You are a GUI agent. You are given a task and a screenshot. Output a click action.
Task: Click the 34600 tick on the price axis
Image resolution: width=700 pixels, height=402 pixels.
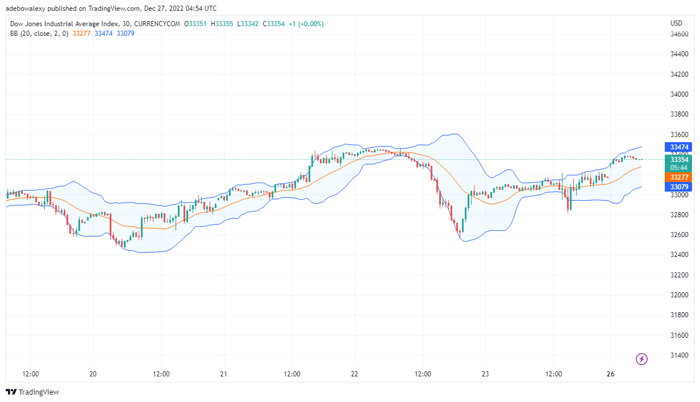pyautogui.click(x=680, y=34)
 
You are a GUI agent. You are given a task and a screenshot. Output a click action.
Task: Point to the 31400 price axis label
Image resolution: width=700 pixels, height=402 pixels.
pyautogui.click(x=680, y=355)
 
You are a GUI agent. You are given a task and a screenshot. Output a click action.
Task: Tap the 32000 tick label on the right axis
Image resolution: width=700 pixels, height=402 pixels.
pyautogui.click(x=680, y=295)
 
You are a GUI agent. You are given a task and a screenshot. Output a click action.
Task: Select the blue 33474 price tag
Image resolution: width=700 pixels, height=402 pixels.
pyautogui.click(x=680, y=147)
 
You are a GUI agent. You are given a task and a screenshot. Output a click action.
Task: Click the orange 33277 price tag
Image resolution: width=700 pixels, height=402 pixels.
pyautogui.click(x=680, y=177)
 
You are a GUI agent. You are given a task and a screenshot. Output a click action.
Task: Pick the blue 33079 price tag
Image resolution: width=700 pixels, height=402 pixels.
pyautogui.click(x=680, y=187)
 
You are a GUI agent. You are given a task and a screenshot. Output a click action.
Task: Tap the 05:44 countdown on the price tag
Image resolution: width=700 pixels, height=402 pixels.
pyautogui.click(x=680, y=168)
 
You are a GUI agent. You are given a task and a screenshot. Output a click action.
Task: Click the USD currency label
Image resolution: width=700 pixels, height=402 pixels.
pyautogui.click(x=676, y=23)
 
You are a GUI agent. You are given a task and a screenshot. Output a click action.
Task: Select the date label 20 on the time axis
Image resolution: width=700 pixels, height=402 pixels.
pyautogui.click(x=93, y=374)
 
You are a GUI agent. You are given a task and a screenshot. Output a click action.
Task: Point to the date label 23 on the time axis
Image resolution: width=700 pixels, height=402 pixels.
pyautogui.click(x=485, y=374)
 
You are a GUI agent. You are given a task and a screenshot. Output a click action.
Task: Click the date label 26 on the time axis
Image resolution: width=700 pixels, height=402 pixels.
pyautogui.click(x=610, y=374)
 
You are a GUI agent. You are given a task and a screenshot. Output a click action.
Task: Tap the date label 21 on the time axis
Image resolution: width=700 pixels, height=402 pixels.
pyautogui.click(x=224, y=374)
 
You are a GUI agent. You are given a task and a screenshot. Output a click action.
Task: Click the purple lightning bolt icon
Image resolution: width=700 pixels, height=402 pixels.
pyautogui.click(x=641, y=359)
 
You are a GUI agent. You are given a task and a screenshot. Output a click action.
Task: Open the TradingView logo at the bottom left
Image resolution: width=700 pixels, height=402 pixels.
pyautogui.click(x=33, y=392)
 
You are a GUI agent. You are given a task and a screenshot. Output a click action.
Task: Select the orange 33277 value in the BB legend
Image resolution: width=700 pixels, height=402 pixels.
pyautogui.click(x=82, y=34)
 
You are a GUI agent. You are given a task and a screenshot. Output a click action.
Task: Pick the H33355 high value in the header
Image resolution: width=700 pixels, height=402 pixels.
pyautogui.click(x=222, y=23)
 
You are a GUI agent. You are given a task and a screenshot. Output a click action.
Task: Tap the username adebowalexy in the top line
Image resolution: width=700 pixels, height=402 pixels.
pyautogui.click(x=26, y=9)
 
